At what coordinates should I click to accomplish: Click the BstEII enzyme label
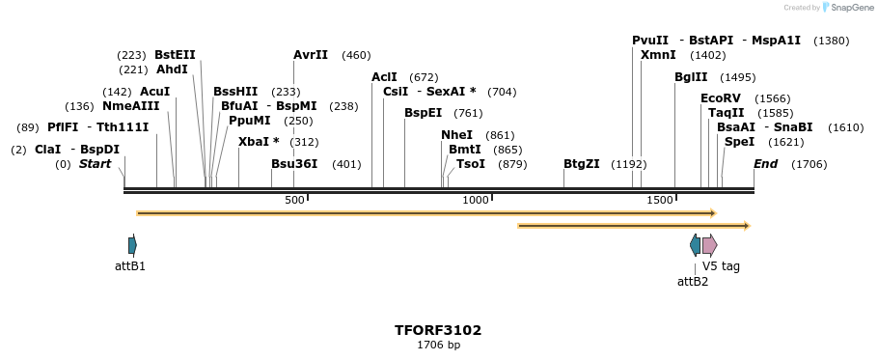tap(175, 55)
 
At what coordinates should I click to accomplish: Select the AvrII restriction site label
tap(311, 55)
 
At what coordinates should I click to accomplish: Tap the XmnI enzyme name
tap(658, 55)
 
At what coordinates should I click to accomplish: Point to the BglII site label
tap(691, 77)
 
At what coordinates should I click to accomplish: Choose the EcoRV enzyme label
tap(721, 98)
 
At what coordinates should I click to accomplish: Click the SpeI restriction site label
tap(739, 141)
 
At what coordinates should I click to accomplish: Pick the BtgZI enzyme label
tap(582, 164)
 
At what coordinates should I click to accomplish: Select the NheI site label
tap(457, 135)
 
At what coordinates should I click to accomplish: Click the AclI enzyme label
tap(384, 77)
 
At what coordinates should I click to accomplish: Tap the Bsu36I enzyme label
tap(294, 164)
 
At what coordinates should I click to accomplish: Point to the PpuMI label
tap(250, 121)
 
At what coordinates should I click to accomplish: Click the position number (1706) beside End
tap(809, 164)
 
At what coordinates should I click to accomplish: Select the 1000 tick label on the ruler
tap(476, 200)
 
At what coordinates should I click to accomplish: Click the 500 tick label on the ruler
tap(294, 200)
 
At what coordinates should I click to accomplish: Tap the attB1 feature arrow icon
tap(132, 245)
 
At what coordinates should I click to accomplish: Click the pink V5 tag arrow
tap(709, 245)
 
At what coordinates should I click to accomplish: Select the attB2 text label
tap(693, 282)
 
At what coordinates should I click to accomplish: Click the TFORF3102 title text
tap(438, 330)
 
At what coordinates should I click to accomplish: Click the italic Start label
tap(95, 164)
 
